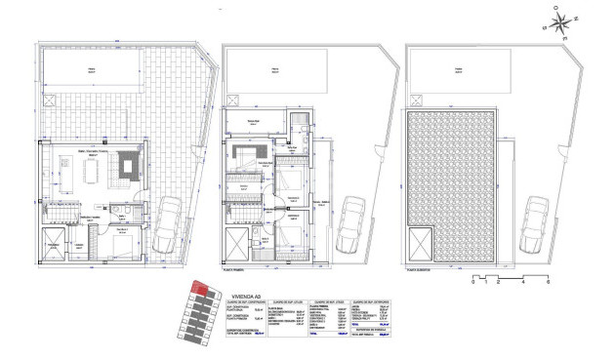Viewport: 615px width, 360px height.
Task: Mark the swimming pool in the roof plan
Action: [x=456, y=72]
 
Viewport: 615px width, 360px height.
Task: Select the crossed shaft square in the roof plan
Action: [x=422, y=243]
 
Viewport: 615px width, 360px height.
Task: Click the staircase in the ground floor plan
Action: [x=64, y=212]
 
